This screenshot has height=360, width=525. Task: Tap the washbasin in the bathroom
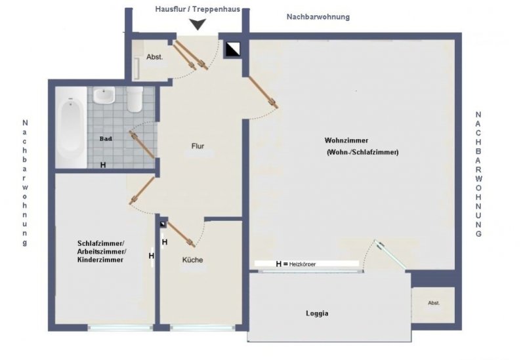pos(104,97)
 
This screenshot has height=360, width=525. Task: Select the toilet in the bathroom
pos(135,100)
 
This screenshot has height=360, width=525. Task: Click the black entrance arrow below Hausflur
pos(197,25)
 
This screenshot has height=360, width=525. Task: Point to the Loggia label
pos(317,313)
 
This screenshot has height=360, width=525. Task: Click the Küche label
pos(192,260)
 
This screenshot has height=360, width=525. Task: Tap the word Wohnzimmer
pos(346,140)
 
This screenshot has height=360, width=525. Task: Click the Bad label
pos(106,139)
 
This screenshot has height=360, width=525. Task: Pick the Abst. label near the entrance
pos(155,57)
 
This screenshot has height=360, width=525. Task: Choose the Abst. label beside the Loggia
pos(434,303)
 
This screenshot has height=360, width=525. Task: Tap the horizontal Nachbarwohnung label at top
pos(318,16)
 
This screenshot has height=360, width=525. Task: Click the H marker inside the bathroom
pos(103,165)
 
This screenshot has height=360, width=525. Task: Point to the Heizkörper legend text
pos(307,264)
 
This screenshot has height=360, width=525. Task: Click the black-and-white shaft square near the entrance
pos(233,49)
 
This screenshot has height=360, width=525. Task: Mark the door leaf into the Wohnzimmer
pos(262,91)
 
